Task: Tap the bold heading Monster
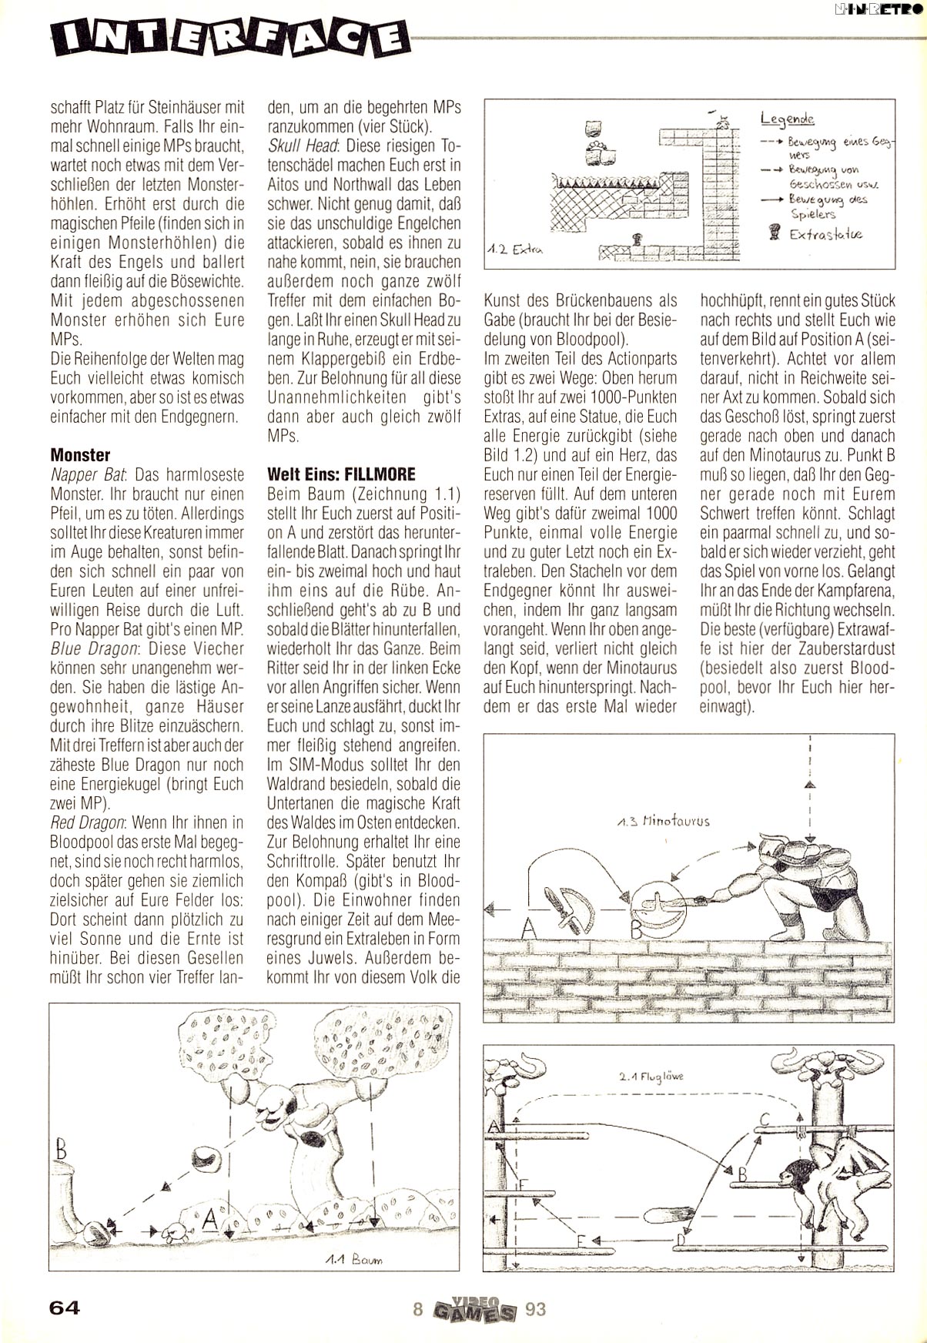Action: [x=80, y=454]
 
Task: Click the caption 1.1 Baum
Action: [x=353, y=1260]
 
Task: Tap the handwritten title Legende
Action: [x=787, y=119]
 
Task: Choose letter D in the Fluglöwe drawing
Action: [x=681, y=1239]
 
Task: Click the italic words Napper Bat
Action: [x=82, y=474]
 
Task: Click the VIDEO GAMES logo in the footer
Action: [x=471, y=1308]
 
